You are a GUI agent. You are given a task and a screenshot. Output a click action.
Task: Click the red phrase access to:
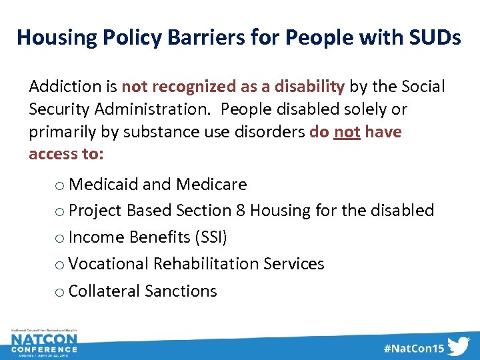pos(66,155)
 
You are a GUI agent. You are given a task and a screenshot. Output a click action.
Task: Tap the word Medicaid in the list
pos(100,184)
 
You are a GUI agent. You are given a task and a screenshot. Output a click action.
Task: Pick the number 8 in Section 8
pos(241,211)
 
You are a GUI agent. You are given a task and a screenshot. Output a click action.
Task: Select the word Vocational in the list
pos(109,264)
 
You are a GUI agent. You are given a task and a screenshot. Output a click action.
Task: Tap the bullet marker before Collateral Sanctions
pos(60,293)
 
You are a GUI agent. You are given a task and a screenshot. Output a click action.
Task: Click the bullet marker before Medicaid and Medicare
pos(60,185)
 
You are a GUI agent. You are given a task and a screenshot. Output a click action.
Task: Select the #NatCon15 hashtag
pos(413,348)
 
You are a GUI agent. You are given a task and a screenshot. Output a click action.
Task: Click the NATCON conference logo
pos(44,343)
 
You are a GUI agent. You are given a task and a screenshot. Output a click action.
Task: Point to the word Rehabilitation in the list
pos(206,264)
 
